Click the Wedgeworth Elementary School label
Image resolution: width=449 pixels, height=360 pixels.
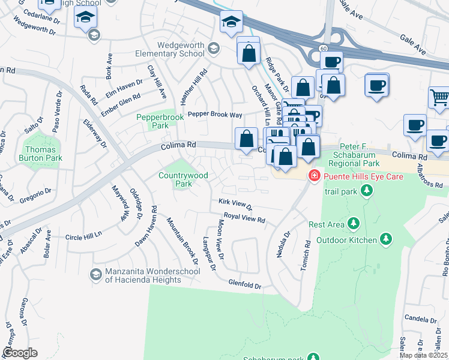(180, 50)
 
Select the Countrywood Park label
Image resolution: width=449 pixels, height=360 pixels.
(183, 179)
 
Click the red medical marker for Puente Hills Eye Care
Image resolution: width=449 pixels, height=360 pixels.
(313, 176)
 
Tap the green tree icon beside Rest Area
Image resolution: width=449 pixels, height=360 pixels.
(354, 224)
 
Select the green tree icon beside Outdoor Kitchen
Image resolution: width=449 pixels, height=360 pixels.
(388, 240)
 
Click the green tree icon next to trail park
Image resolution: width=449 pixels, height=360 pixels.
(366, 191)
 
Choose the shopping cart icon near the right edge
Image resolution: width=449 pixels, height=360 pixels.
(439, 98)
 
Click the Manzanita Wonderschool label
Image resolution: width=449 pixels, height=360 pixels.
(143, 275)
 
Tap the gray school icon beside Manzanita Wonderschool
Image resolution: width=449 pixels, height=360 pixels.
(95, 275)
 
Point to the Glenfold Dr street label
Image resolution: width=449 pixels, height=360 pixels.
(245, 286)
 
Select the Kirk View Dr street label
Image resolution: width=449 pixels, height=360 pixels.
(236, 205)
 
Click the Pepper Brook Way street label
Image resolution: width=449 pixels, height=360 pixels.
(215, 114)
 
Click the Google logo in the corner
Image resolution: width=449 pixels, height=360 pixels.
(20, 353)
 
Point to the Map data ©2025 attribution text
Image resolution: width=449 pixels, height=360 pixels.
(424, 355)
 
